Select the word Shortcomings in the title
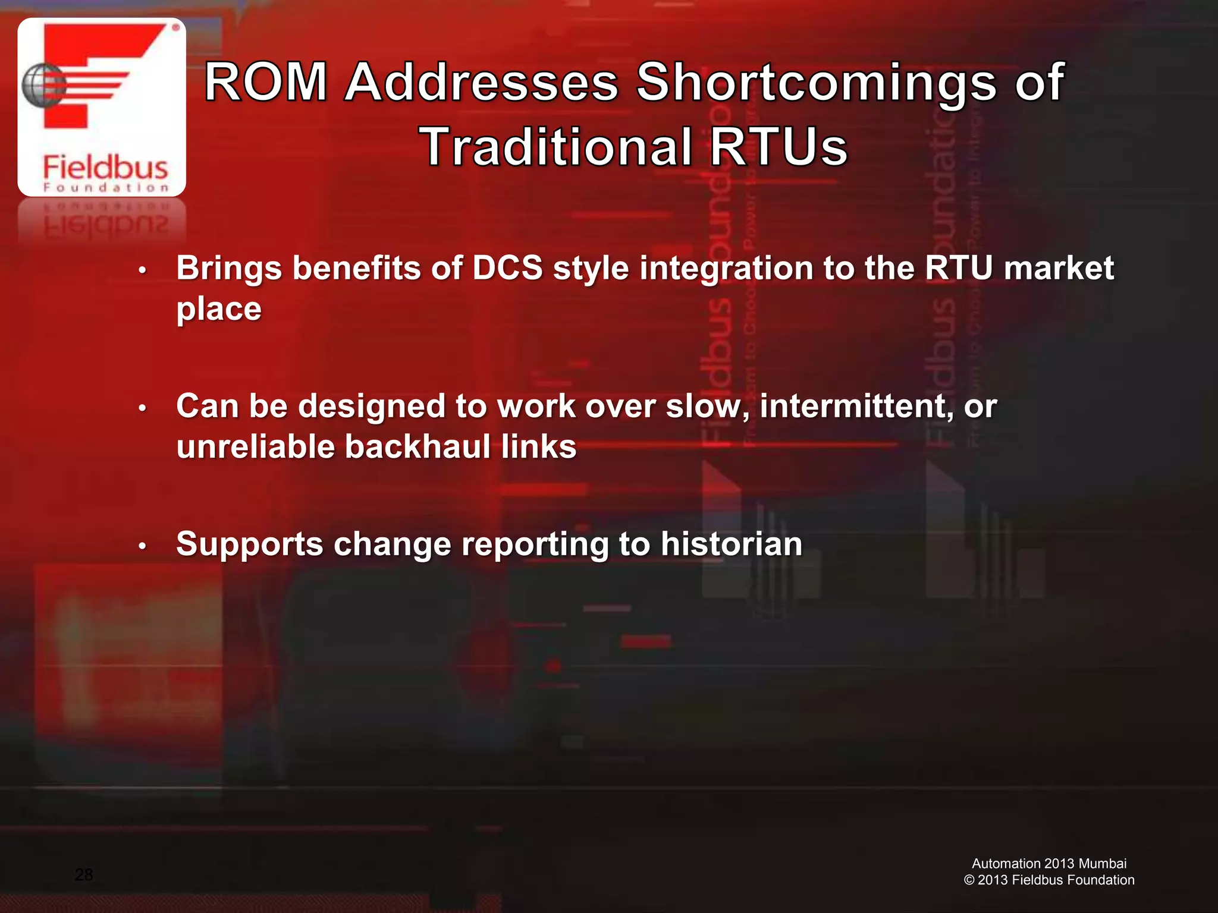[x=816, y=83]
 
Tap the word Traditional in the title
[x=556, y=147]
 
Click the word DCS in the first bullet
[x=507, y=268]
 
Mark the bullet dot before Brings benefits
[x=142, y=270]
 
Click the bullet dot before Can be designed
[x=142, y=408]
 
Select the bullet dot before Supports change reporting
[x=142, y=546]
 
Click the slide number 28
[x=84, y=874]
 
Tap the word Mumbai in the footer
[x=1103, y=864]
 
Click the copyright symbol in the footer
[x=969, y=880]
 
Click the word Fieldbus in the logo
[x=105, y=167]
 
